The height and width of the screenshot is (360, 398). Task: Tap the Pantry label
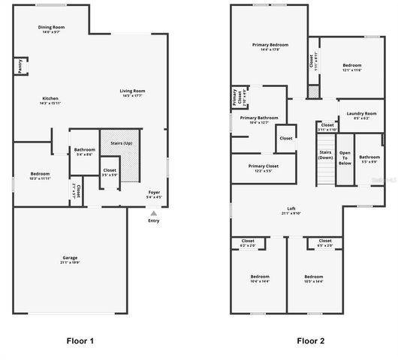coord(18,67)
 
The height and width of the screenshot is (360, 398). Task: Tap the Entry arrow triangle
coord(154,213)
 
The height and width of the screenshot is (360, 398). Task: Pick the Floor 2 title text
coord(310,341)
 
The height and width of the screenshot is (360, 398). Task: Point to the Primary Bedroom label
coord(270,46)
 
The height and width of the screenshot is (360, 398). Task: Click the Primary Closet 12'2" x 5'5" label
coord(259,167)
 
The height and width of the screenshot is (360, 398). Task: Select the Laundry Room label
coord(360,115)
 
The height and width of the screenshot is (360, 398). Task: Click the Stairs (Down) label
coord(325,155)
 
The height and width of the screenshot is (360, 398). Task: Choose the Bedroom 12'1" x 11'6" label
coord(352,67)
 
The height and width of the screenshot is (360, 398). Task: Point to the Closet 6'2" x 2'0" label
coord(248,242)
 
